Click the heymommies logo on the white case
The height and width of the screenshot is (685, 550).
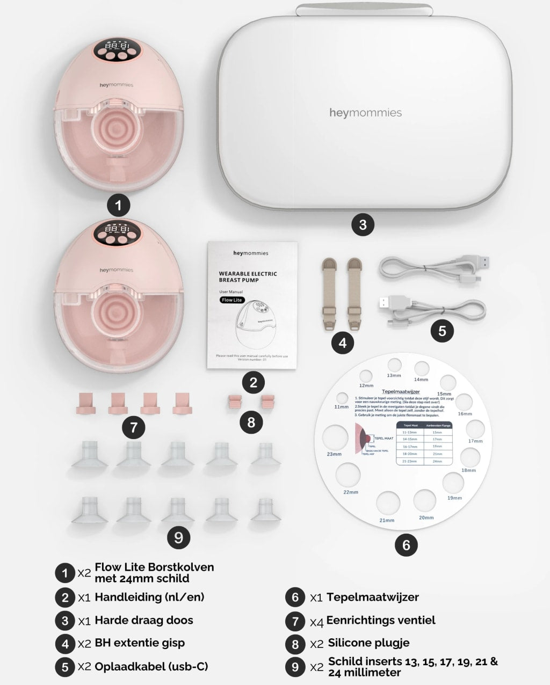pos(365,113)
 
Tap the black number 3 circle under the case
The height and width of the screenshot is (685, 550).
pos(363,224)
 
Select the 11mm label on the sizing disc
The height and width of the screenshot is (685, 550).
pos(341,407)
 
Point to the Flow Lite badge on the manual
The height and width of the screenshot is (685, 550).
pos(231,300)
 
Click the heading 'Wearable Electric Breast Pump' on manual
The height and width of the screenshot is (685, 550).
pos(248,276)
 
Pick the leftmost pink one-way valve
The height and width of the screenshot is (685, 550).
pos(86,403)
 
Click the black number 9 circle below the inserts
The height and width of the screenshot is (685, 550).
pos(179,537)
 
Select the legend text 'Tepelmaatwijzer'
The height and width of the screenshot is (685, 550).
pos(372,596)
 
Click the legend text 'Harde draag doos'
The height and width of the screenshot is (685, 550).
pos(143,620)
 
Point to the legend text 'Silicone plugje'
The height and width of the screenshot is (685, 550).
pos(368,643)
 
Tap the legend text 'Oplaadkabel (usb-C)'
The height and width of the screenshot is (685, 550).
pos(151,666)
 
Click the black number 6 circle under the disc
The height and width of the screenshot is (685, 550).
pos(406,545)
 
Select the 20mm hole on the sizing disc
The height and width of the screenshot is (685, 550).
pos(424,500)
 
